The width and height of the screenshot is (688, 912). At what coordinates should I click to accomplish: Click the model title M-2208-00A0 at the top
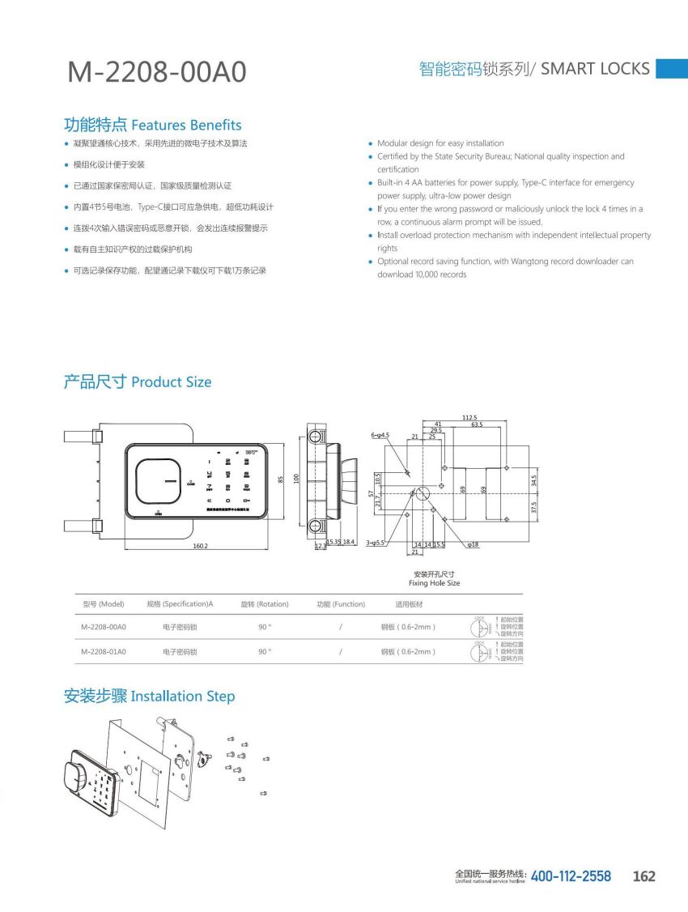(x=156, y=72)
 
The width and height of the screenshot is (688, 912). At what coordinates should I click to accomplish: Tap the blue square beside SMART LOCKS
(x=671, y=69)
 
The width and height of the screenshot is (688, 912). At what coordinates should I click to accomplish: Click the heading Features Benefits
(x=152, y=125)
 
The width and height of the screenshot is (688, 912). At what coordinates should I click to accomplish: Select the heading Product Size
(x=137, y=381)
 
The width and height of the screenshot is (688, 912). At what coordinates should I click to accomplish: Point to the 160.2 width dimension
(x=200, y=546)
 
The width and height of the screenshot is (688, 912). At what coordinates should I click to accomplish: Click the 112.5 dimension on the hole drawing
(x=469, y=417)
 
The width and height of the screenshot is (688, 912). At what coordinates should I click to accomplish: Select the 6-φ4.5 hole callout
(x=380, y=436)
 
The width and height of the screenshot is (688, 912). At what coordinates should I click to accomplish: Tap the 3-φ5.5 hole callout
(x=375, y=544)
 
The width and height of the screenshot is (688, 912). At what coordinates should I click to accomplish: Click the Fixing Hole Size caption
(x=434, y=583)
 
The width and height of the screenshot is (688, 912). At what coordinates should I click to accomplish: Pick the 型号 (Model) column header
(x=103, y=604)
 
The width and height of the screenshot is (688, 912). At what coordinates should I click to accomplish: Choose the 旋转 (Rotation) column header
(x=265, y=604)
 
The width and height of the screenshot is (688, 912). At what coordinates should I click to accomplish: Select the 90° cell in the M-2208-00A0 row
(x=265, y=627)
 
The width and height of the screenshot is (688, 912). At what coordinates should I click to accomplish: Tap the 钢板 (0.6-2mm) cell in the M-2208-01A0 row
(x=408, y=651)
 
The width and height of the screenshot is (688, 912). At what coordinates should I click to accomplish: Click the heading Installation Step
(x=149, y=696)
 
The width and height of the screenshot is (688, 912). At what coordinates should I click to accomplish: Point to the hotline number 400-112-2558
(x=571, y=876)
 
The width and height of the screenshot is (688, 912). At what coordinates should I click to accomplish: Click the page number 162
(x=643, y=876)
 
